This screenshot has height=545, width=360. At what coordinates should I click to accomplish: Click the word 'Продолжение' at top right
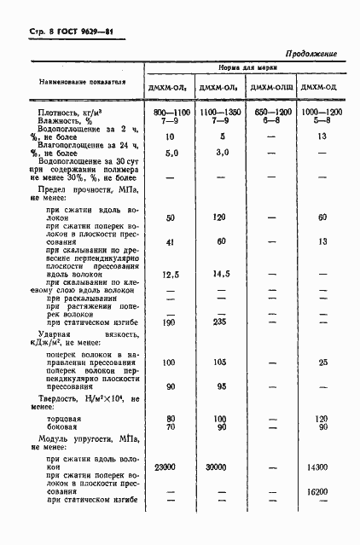[x=310, y=54]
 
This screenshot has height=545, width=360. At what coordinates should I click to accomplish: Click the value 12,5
[x=170, y=274]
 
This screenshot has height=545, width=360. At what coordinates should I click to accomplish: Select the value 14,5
[x=220, y=274]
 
